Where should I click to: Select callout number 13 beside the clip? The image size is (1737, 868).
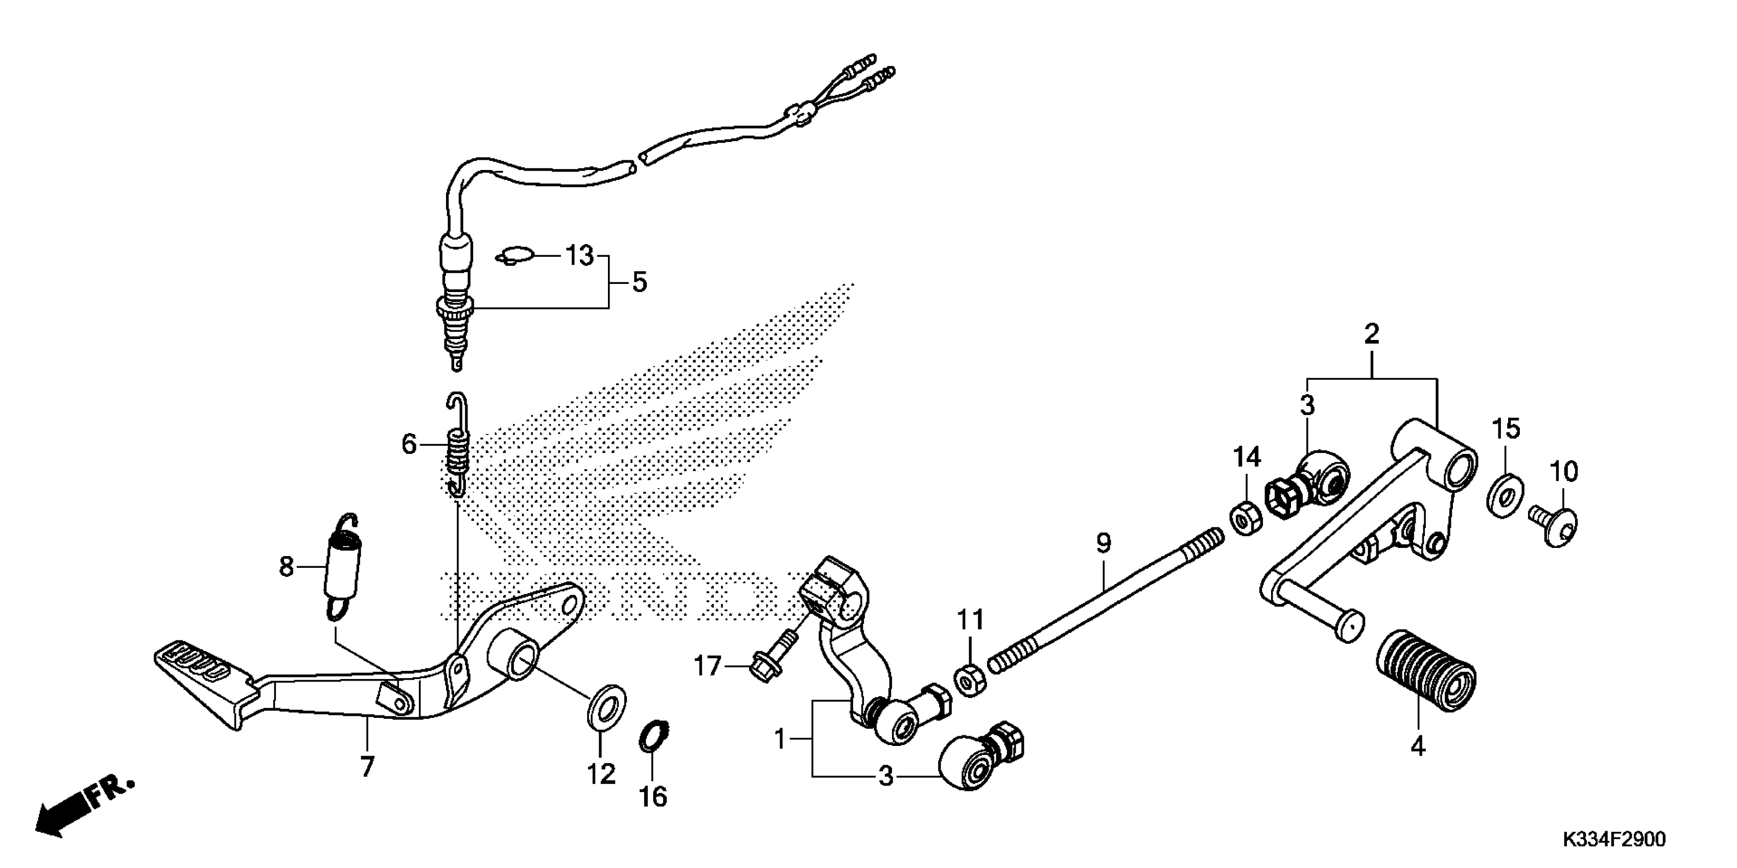click(578, 256)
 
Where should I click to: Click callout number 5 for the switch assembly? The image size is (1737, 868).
click(639, 282)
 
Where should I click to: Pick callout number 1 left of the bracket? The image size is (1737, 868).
click(780, 740)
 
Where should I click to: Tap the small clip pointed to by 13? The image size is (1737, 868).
click(515, 257)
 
